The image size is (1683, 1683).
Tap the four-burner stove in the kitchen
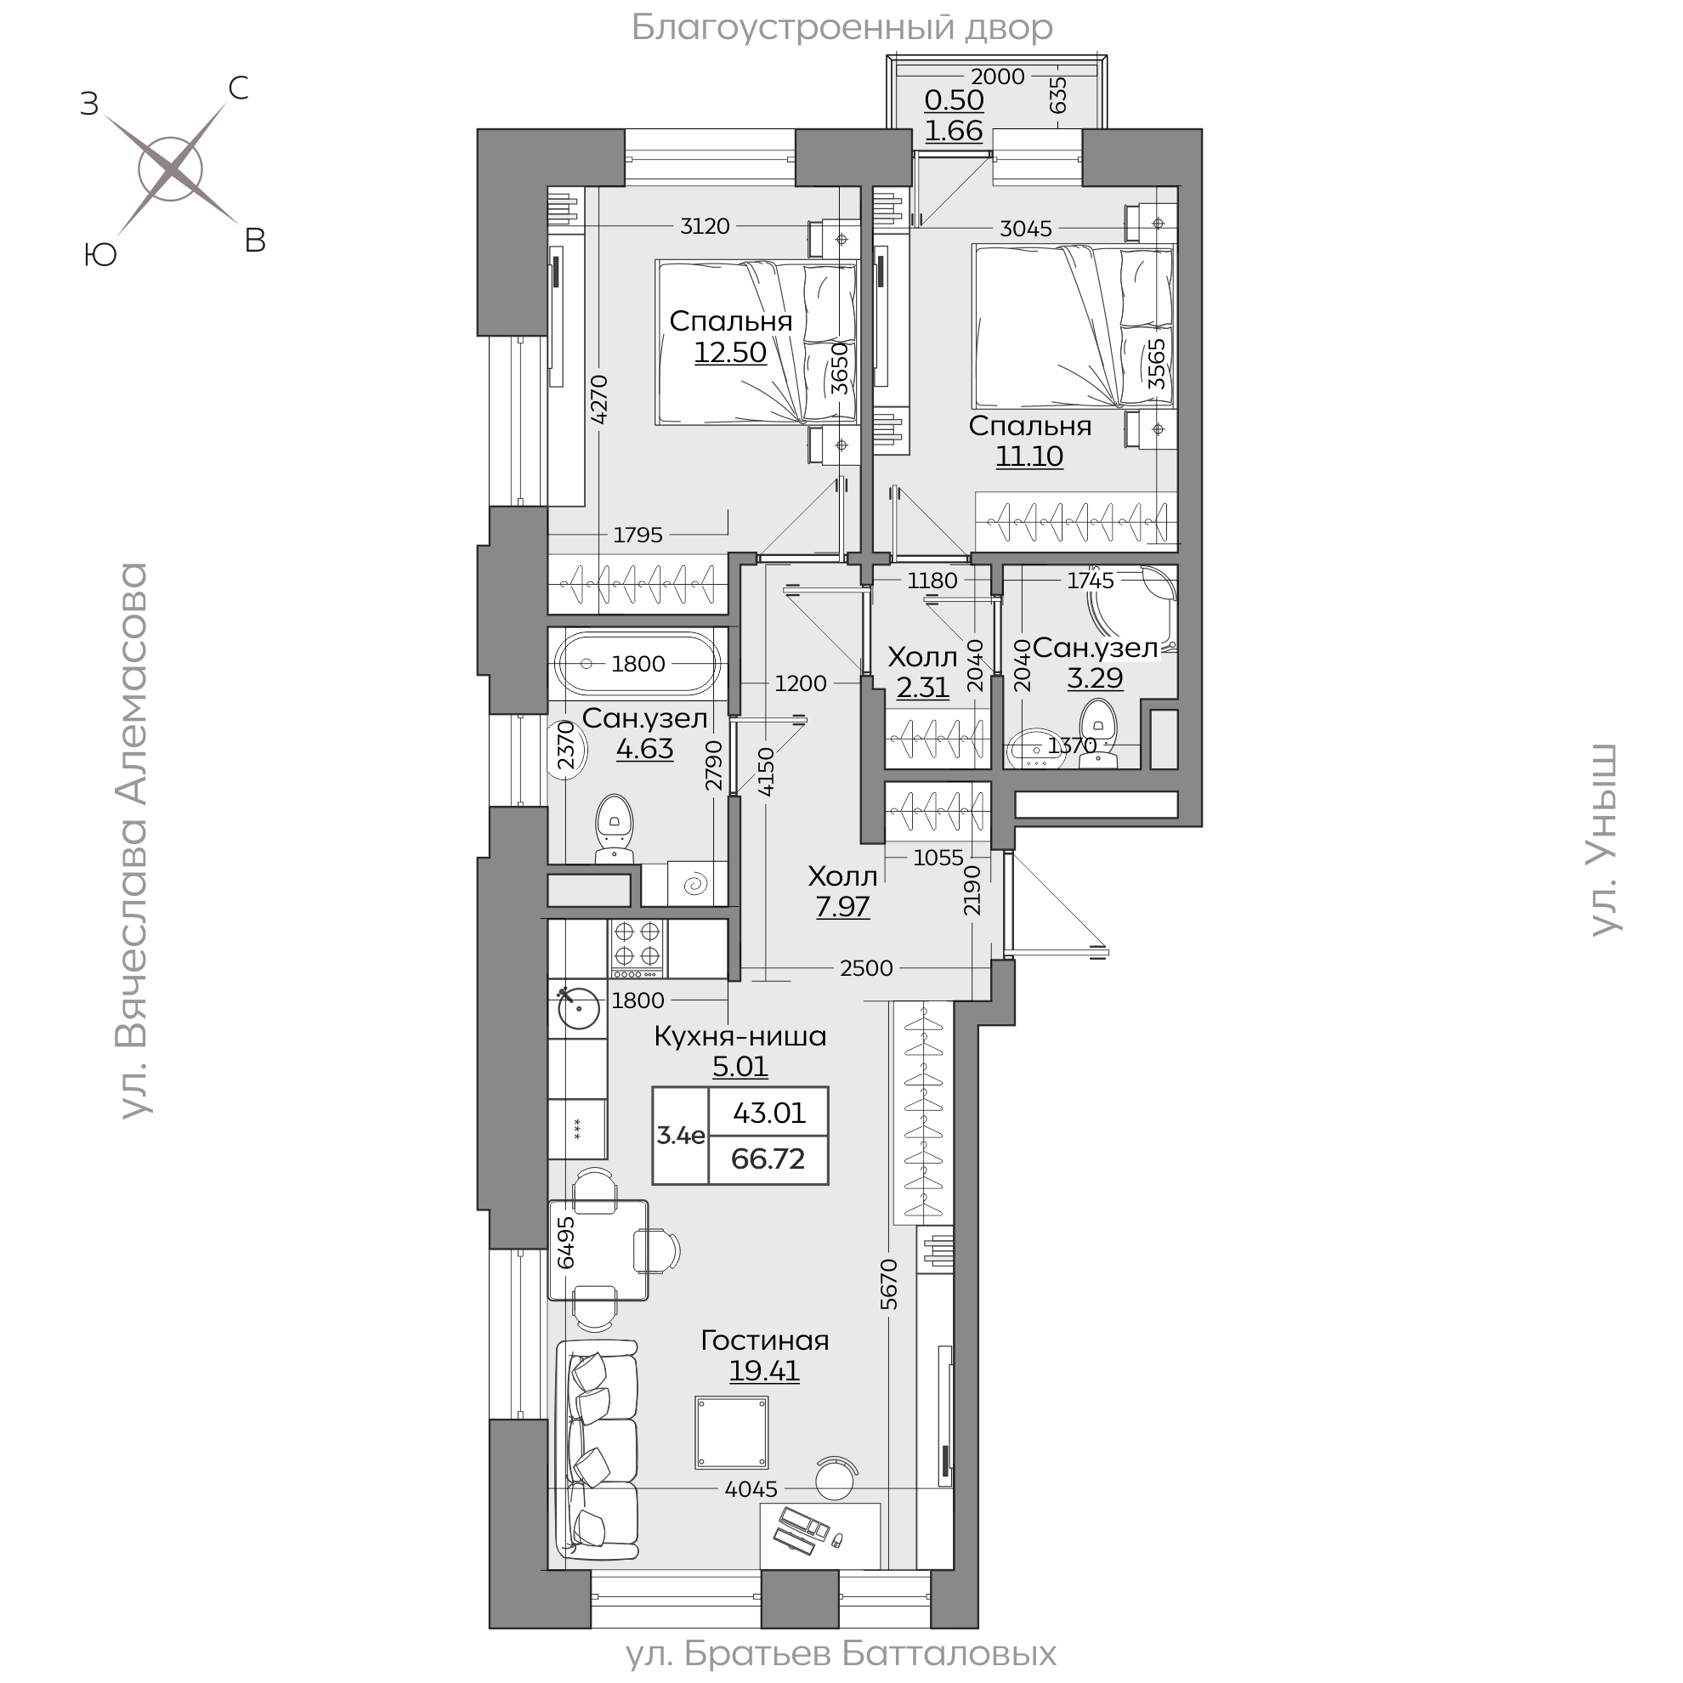click(637, 948)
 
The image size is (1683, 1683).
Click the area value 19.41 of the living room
click(764, 1370)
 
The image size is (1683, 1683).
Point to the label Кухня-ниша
click(740, 1036)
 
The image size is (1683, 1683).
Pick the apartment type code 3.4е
click(680, 1135)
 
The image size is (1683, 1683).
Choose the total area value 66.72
click(768, 1159)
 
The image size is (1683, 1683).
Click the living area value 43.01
click(769, 1113)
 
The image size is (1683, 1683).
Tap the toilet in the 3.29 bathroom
click(1097, 737)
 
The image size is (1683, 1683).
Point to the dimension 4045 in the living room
click(751, 1488)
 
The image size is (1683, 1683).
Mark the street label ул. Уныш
click(1604, 841)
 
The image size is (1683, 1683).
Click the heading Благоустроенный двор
click(841, 28)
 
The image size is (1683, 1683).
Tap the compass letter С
click(238, 88)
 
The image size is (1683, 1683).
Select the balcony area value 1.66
click(954, 130)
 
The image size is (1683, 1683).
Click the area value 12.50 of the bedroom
click(730, 352)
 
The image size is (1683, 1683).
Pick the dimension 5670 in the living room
click(888, 1283)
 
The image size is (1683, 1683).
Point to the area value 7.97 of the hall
click(842, 907)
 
